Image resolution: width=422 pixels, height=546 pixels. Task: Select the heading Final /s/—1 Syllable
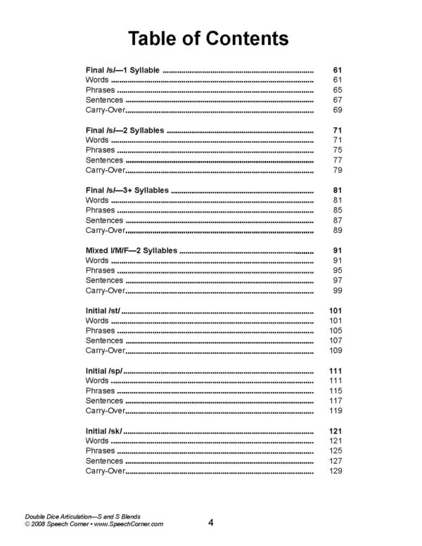[x=123, y=71]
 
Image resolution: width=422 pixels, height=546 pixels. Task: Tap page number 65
[x=337, y=91]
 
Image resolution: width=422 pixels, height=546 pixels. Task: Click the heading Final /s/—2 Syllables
[x=125, y=131]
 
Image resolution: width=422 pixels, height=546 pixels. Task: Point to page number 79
[x=337, y=170]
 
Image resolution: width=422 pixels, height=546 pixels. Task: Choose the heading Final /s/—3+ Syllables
[x=127, y=191]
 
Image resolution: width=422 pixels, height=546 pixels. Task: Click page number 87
[x=337, y=220]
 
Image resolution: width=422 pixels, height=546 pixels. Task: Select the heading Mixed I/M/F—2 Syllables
[x=131, y=250]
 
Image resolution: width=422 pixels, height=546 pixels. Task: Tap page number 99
[x=337, y=290]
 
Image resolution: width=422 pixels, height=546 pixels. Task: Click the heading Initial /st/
[x=103, y=310]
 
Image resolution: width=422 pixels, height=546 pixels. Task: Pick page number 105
[x=335, y=330]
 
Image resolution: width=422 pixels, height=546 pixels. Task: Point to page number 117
[x=335, y=400]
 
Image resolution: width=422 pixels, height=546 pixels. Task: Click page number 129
[x=335, y=469]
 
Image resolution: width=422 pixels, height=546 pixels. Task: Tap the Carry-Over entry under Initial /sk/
[x=105, y=469]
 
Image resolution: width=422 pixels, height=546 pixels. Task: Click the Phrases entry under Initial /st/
[x=100, y=330]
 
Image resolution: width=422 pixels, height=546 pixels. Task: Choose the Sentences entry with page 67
[x=104, y=101]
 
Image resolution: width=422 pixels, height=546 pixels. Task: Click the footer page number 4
[x=210, y=522]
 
